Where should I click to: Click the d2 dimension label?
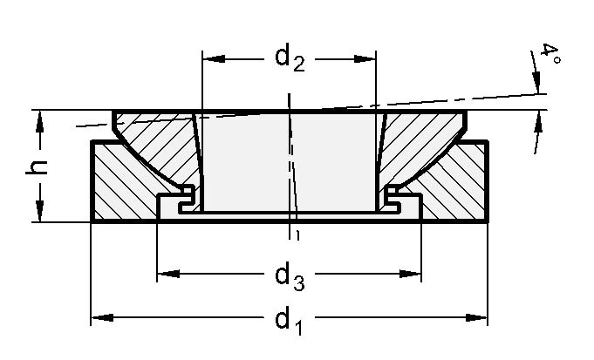tap(289, 59)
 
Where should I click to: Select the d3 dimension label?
tap(289, 276)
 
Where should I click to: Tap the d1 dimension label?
tap(289, 321)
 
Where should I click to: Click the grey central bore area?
tap(289, 161)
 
